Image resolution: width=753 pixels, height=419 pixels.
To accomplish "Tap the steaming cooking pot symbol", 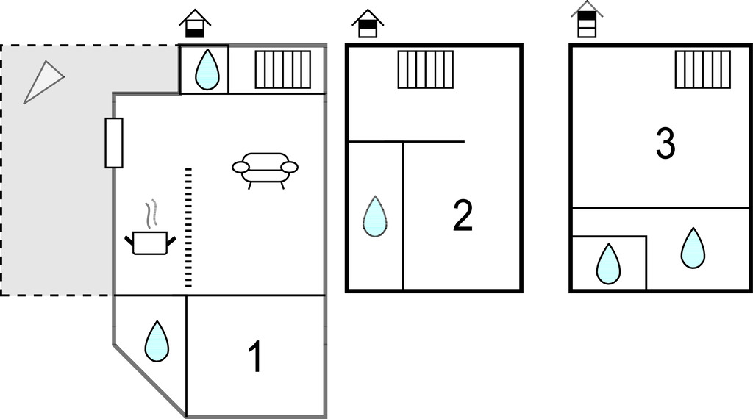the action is (150, 227).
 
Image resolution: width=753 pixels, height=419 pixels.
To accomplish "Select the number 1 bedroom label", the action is (255, 356).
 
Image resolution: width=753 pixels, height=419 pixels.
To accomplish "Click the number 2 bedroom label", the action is (463, 215).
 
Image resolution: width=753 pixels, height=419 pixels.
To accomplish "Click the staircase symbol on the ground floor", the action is (283, 70).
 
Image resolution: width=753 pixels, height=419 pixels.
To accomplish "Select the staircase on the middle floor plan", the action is (426, 70).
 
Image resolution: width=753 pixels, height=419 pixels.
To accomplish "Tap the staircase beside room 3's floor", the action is (703, 70).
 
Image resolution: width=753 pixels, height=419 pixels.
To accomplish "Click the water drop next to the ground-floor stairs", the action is (207, 69).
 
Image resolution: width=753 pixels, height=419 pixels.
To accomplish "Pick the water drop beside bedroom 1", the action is (157, 341).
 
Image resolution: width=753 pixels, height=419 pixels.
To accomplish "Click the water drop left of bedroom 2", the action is (375, 216).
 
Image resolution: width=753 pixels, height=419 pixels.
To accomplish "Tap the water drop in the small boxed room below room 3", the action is (608, 264).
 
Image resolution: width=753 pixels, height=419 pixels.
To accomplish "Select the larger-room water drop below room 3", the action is (693, 248).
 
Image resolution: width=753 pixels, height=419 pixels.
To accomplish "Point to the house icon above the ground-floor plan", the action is (195, 23).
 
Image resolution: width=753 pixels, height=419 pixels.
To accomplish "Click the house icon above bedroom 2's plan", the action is (368, 23).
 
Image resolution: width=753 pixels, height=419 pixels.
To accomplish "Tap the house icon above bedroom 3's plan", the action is (587, 19).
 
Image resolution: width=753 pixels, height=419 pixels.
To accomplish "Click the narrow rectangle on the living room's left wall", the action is (114, 143).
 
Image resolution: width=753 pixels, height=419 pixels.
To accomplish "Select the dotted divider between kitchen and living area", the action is (188, 227).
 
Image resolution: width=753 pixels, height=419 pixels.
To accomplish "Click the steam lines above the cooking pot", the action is (151, 214).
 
